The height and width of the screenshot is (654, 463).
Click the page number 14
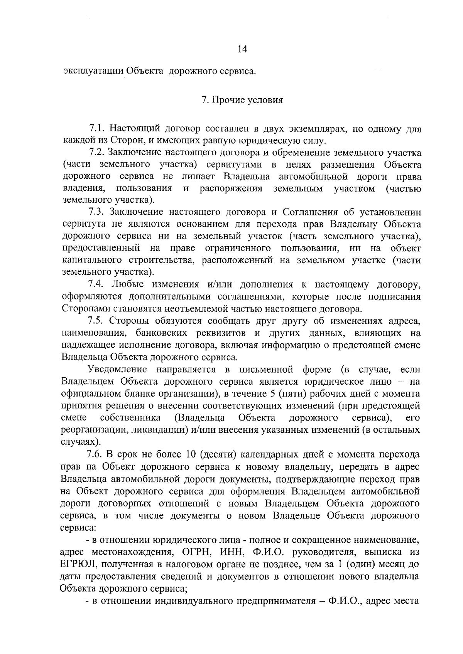tap(242, 49)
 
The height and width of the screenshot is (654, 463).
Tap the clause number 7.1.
tap(96, 128)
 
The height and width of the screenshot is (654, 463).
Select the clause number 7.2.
tap(96, 153)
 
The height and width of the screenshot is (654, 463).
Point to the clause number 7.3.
tap(96, 212)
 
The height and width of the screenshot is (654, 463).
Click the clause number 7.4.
tap(96, 284)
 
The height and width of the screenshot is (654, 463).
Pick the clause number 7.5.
tap(96, 321)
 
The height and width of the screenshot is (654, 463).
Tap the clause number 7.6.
tap(96, 454)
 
